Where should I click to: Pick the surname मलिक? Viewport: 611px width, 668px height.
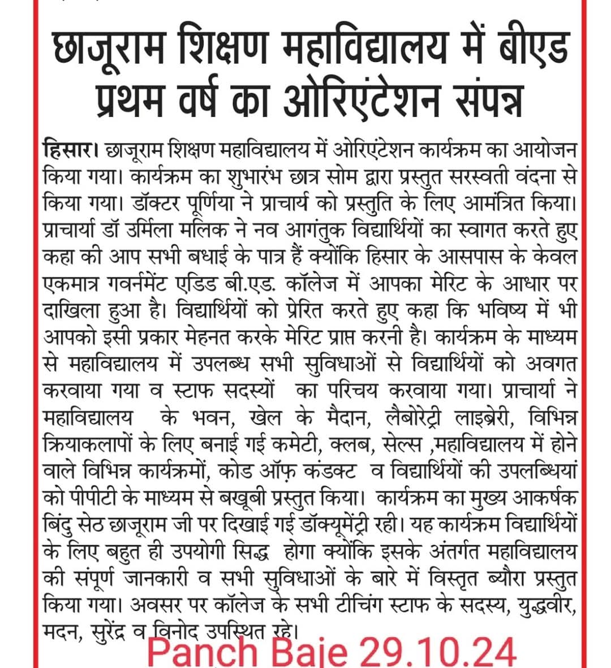(221, 226)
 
